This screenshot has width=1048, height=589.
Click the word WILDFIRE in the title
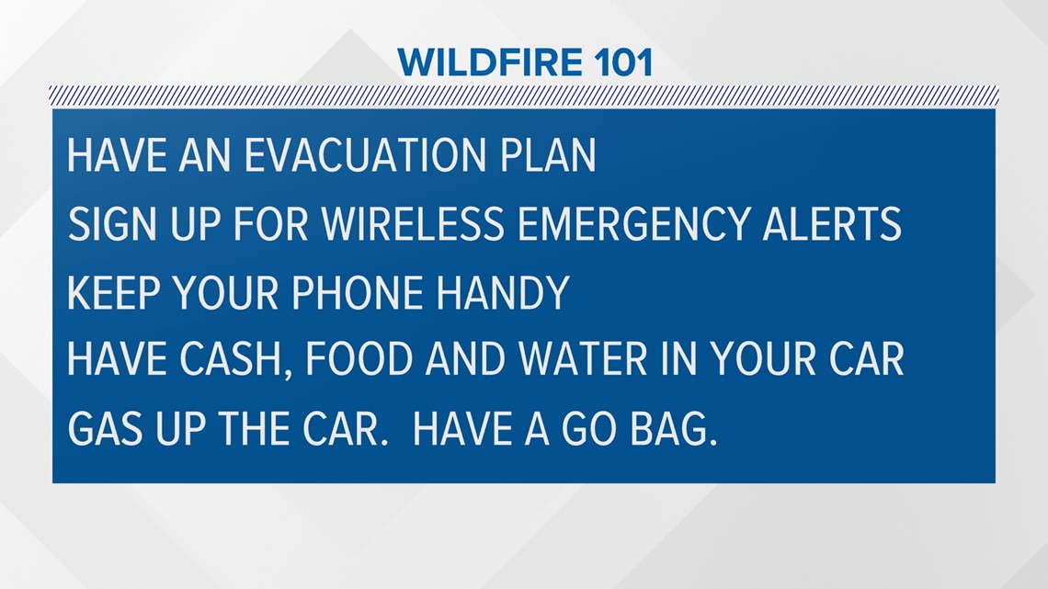click(x=490, y=62)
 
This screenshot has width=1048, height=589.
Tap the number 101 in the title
click(x=623, y=62)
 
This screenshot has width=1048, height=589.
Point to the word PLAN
click(x=547, y=155)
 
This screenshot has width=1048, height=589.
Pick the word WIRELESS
click(x=413, y=223)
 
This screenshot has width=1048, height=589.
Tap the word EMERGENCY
click(x=633, y=223)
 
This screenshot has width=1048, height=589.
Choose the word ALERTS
click(x=833, y=223)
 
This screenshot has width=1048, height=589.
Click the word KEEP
click(x=114, y=292)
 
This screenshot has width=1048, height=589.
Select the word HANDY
click(x=503, y=292)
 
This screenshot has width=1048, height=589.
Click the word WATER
click(x=583, y=359)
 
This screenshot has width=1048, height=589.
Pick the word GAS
click(x=105, y=428)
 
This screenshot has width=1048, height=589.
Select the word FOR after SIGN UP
click(x=270, y=223)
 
